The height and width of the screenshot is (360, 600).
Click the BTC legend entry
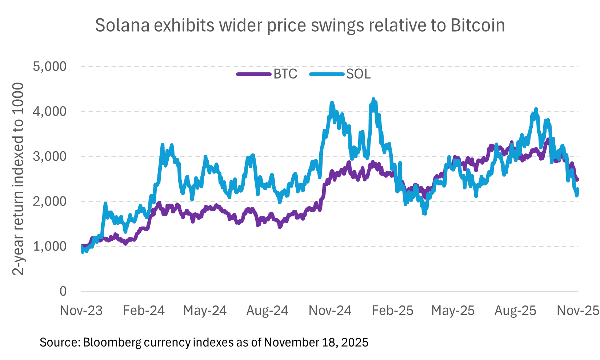point(267,74)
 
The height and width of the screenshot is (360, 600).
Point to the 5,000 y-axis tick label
point(50,67)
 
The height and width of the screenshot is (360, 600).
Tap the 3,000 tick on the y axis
point(50,156)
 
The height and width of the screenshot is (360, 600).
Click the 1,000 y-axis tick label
point(50,246)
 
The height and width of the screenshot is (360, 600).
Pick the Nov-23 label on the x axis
point(81,311)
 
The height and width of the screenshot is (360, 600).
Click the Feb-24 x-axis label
point(144,311)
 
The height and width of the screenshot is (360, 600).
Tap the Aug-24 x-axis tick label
point(267,311)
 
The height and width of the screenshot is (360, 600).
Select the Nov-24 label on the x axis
point(330,311)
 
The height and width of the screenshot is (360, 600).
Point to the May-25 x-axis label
point(453,311)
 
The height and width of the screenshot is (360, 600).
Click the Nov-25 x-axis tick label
point(578,311)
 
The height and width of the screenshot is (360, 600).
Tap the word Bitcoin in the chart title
point(477,25)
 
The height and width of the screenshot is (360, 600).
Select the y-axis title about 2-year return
point(18,178)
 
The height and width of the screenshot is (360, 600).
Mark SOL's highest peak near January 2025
point(373,99)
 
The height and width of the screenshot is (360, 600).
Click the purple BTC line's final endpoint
point(578,179)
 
